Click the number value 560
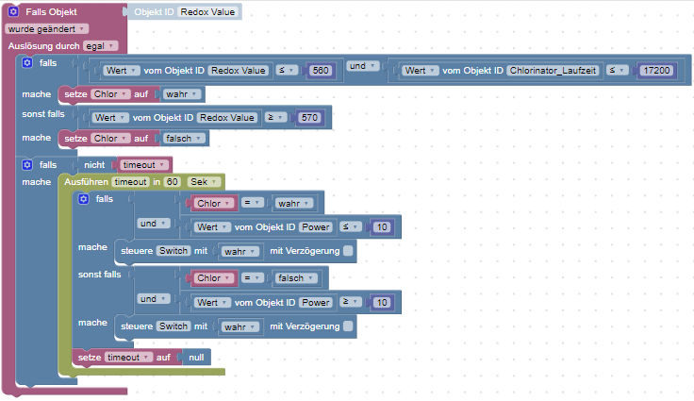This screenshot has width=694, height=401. pos(320,71)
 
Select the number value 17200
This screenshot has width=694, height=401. pos(656,71)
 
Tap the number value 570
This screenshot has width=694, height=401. pos(309,117)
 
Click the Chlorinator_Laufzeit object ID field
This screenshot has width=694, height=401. pos(553,71)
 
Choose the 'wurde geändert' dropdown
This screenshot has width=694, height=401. pos(46,29)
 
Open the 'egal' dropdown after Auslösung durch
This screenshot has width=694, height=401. pos(101,46)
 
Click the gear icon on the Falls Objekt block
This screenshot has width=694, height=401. pos(13,11)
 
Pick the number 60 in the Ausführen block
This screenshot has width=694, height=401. pos(173,182)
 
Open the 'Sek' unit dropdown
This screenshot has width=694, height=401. pos(203,182)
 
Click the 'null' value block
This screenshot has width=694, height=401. pos(196,358)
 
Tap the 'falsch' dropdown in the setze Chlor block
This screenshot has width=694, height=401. pos(183,139)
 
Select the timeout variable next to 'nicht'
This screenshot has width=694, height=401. pos(143,165)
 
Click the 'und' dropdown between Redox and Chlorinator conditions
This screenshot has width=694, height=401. pos(362,66)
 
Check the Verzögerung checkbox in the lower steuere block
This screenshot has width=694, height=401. pos(348,326)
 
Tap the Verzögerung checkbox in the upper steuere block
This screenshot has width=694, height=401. pos(348,251)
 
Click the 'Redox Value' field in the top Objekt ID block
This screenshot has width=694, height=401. pos(207,12)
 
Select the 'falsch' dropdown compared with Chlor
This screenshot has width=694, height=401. pos(295,278)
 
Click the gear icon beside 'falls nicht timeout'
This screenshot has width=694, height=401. pos(27,165)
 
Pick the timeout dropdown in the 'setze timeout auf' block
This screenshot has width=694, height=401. pos(128,358)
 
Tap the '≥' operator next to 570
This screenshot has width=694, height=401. pos(275,117)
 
